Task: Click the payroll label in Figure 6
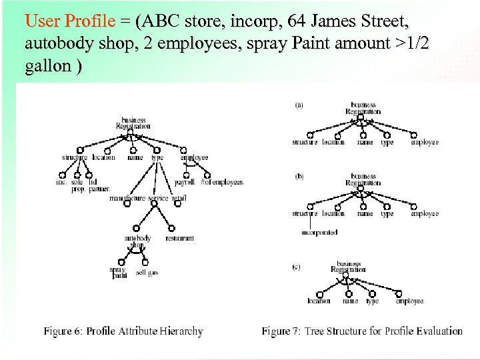tap(183, 181)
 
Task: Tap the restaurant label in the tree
tap(179, 238)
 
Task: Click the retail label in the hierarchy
tap(179, 198)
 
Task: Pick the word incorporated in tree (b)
tap(319, 232)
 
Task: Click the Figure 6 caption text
tap(123, 331)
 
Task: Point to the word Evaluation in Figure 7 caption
tap(436, 331)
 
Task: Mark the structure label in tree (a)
tap(305, 142)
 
